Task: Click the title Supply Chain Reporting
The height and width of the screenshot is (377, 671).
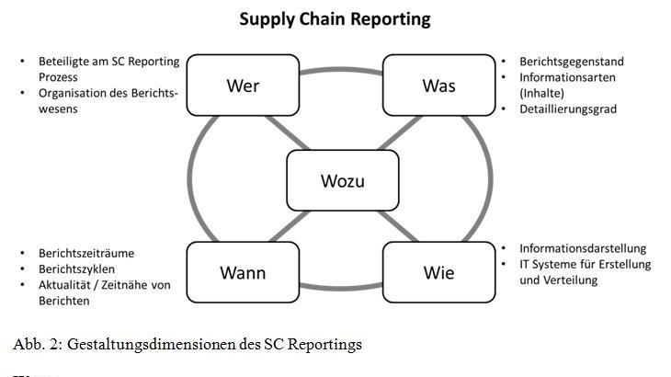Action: (x=335, y=19)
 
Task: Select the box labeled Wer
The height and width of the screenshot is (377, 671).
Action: (x=243, y=86)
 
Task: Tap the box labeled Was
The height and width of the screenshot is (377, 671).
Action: (x=438, y=86)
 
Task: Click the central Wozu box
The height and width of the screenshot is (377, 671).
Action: (x=342, y=180)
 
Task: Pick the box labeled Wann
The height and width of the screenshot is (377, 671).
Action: (x=243, y=273)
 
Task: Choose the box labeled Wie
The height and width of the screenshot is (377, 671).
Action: (x=438, y=273)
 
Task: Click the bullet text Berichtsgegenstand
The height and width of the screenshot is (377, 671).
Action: (x=571, y=62)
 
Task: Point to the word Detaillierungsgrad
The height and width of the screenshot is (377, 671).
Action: (x=568, y=109)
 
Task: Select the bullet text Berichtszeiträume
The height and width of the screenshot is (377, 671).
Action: (x=86, y=253)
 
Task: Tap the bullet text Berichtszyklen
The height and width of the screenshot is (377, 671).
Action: (x=77, y=268)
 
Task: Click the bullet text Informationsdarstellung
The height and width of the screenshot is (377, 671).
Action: (x=583, y=248)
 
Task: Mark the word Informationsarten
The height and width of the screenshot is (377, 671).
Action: (x=567, y=77)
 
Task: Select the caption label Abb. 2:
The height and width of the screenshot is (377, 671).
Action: (x=35, y=344)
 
